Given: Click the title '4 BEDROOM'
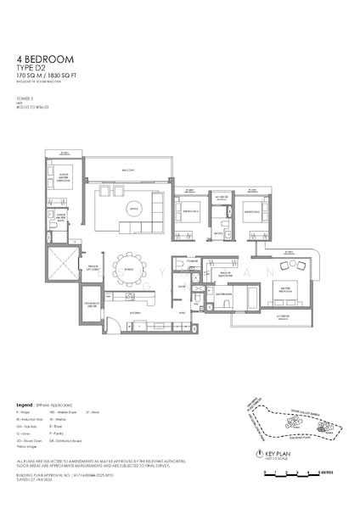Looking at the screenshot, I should point(45,59).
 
